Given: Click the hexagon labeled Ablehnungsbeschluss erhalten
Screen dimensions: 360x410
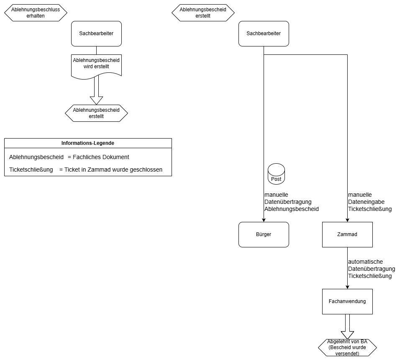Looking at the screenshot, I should tap(36, 13).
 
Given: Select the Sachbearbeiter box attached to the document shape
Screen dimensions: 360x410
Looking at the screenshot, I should tap(96, 33).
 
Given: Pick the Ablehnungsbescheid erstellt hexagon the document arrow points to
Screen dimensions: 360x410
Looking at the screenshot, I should tap(96, 113).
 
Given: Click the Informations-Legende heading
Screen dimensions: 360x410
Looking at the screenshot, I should tap(88, 143).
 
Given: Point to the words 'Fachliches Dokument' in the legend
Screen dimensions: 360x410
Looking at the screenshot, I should tap(101, 157).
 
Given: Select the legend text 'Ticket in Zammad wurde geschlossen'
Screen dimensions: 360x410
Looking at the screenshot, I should tap(113, 170).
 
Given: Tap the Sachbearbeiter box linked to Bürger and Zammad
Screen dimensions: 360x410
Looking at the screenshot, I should tap(264, 33).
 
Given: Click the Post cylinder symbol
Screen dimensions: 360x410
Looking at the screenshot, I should tap(276, 174).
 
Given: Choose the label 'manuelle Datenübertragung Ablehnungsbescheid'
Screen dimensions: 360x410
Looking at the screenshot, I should tap(291, 202).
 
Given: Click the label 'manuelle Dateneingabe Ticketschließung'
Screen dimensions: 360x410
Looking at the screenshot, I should tap(370, 202).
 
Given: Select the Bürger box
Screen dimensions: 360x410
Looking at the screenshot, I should tap(264, 234).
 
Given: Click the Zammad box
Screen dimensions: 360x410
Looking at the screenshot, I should tap(347, 234).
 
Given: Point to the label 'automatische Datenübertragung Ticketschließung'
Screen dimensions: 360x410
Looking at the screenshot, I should tap(372, 269).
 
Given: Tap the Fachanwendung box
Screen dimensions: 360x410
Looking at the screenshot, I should tap(347, 301).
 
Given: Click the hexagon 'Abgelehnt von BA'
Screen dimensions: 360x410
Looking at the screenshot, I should tap(347, 347).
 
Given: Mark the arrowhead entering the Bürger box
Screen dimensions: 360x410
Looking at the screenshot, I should tap(264, 220).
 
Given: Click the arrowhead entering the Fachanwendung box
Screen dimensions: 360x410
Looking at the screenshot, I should tap(347, 287).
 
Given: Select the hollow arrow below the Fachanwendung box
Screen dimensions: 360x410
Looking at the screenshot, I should tap(347, 327).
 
